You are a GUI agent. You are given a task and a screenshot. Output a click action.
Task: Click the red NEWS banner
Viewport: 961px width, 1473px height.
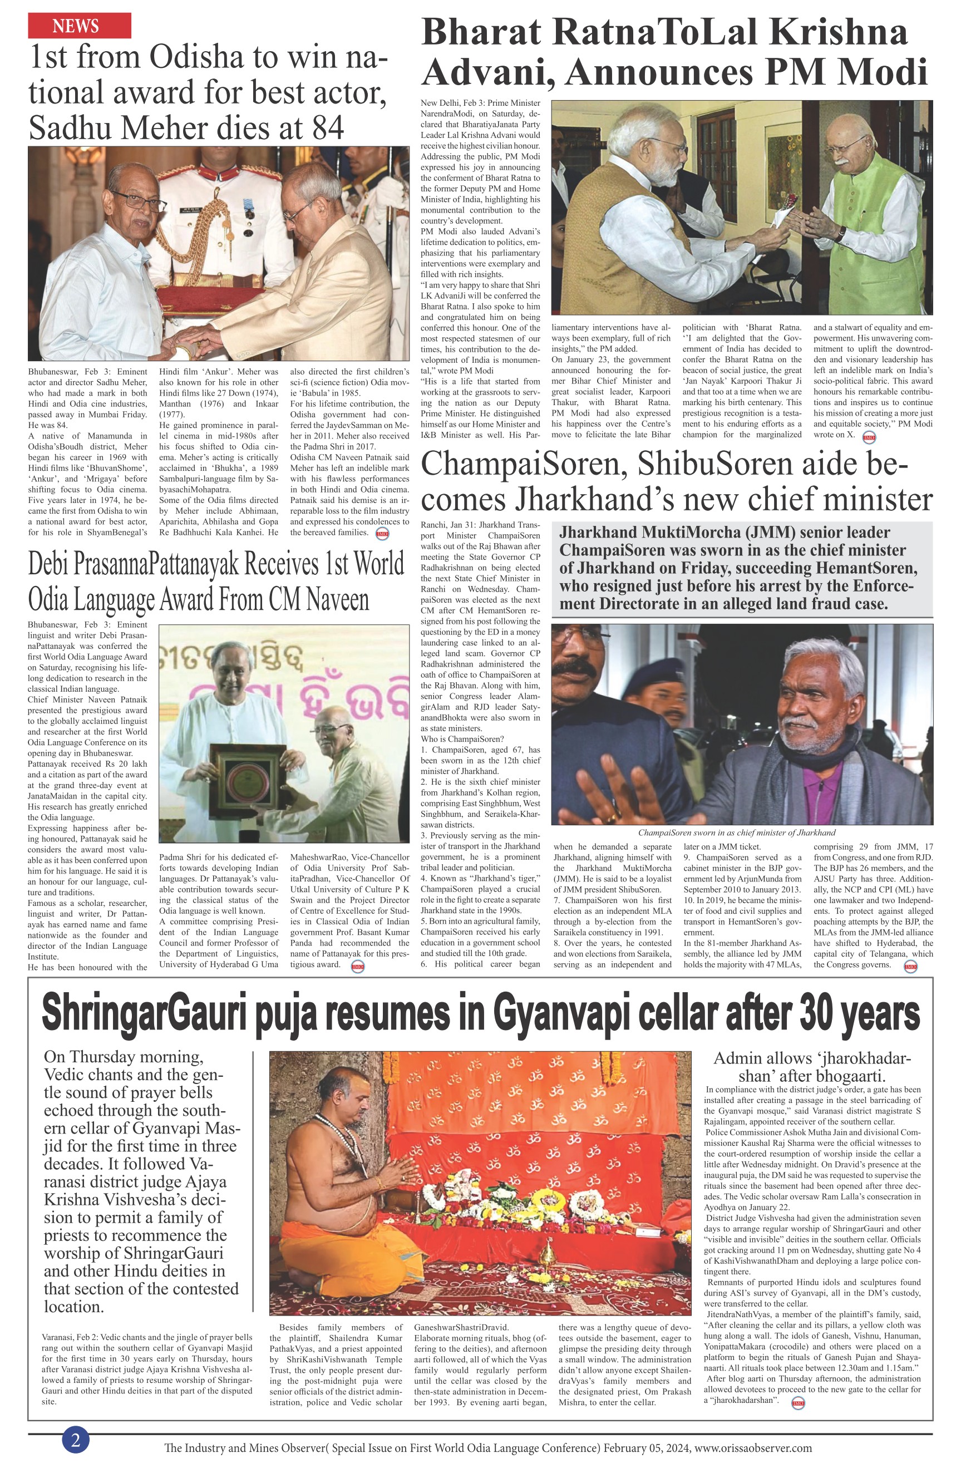pos(79,26)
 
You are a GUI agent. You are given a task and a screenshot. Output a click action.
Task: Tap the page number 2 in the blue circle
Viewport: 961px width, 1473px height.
pos(76,1440)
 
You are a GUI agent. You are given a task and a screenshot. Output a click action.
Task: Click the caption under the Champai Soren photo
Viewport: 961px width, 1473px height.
pos(736,832)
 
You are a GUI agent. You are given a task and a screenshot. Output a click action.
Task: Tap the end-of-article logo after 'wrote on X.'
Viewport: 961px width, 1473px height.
pos(869,436)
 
